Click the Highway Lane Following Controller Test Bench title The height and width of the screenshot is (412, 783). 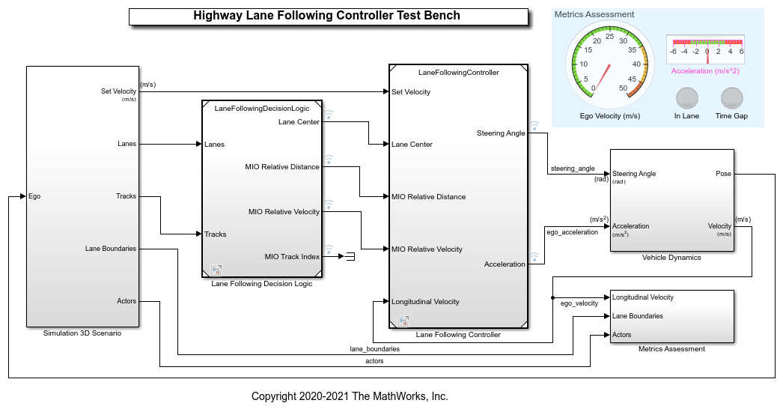tap(326, 16)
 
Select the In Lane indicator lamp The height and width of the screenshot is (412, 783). tap(686, 99)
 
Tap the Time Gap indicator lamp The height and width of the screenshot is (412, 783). tap(731, 99)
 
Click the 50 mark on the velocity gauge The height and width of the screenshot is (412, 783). tap(623, 88)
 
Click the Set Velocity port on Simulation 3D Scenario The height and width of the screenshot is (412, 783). tap(119, 91)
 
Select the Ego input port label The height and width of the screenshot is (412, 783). tap(34, 196)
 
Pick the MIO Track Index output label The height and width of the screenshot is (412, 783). tap(292, 256)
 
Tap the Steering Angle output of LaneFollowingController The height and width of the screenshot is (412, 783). tap(501, 133)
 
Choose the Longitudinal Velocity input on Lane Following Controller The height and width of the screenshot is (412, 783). tap(425, 302)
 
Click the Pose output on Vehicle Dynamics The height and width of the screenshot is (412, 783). tap(723, 174)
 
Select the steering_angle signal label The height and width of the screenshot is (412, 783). tap(572, 169)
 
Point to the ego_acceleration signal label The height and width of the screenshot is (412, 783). tap(572, 232)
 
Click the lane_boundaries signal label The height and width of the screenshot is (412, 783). tap(374, 349)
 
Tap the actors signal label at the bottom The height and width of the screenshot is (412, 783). tap(374, 361)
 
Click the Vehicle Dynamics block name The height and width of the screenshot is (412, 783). tap(671, 258)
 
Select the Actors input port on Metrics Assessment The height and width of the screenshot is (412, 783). tap(622, 335)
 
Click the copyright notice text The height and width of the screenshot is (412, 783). tap(350, 396)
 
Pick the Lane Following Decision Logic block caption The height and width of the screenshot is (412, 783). tap(261, 284)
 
